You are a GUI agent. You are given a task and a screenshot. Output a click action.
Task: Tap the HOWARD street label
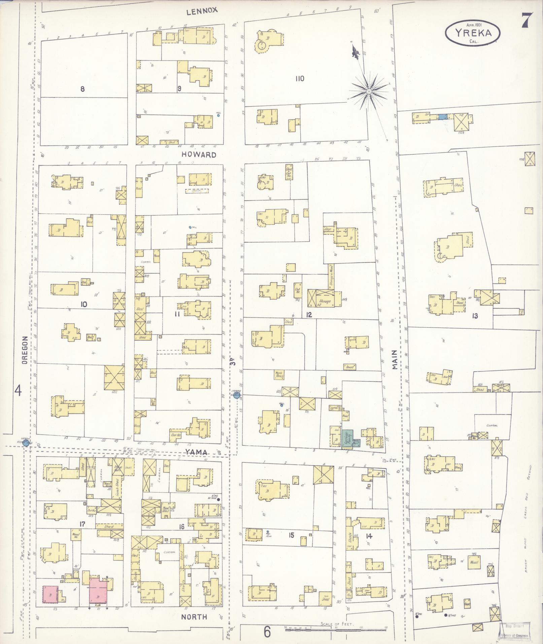(x=199, y=155)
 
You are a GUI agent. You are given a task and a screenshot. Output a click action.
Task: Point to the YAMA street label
(x=198, y=452)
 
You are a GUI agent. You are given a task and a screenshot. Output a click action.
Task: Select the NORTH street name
(x=194, y=617)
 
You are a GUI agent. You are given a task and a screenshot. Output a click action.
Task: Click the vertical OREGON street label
(x=24, y=350)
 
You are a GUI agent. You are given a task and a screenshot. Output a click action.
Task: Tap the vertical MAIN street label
(x=395, y=360)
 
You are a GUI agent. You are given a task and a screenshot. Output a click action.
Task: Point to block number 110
(x=300, y=78)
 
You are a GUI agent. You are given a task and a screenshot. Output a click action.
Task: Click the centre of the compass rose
(x=369, y=91)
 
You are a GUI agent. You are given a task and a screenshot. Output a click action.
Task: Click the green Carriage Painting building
(x=347, y=438)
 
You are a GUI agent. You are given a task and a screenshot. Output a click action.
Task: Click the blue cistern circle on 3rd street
(x=236, y=396)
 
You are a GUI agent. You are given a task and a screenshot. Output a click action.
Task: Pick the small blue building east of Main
(x=442, y=117)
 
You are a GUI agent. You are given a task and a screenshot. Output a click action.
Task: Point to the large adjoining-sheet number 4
(x=18, y=391)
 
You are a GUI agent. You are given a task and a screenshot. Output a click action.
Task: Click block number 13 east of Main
(x=475, y=316)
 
